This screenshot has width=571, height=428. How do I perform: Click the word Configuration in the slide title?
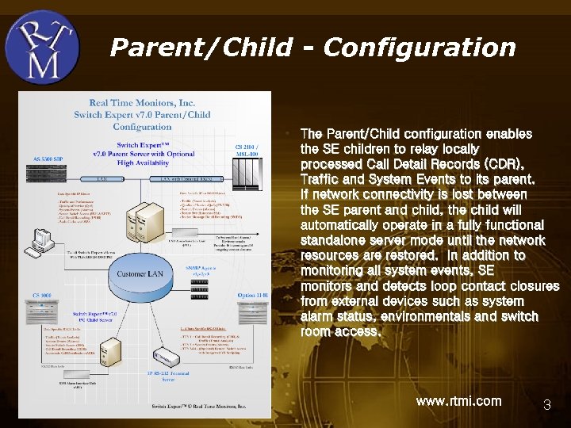(420, 48)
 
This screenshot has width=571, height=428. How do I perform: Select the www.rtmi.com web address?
(458, 401)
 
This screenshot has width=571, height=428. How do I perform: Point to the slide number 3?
(546, 405)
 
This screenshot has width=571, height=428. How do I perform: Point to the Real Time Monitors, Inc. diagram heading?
(142, 103)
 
